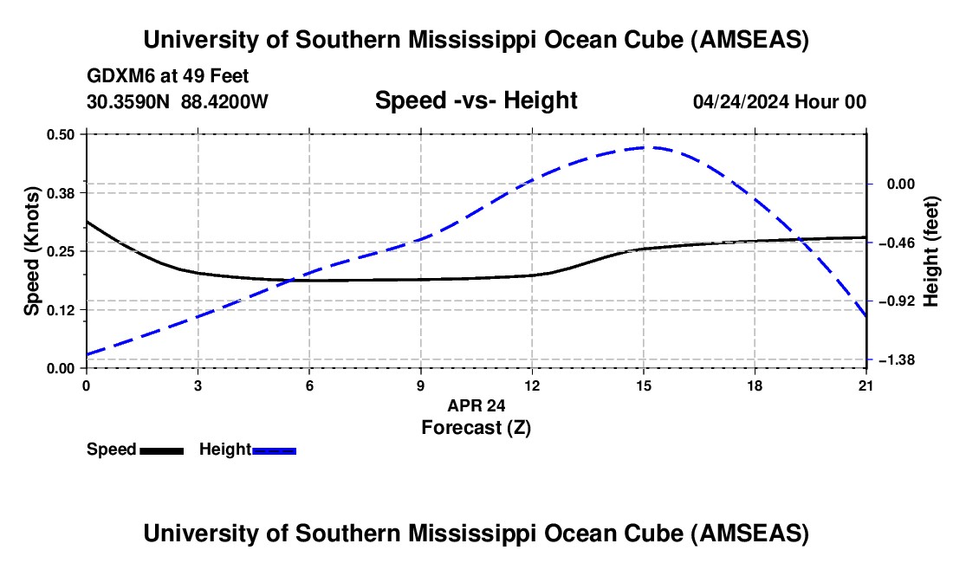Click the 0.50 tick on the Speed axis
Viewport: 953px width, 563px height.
click(62, 134)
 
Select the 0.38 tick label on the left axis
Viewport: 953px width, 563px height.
click(62, 192)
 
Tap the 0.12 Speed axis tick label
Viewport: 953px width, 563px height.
click(62, 309)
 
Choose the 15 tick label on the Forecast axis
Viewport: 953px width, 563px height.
click(643, 385)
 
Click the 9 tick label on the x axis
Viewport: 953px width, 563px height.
click(420, 385)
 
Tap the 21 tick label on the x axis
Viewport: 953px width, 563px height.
click(865, 385)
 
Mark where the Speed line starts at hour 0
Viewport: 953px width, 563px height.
click(87, 221)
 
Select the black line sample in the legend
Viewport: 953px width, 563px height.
click(162, 450)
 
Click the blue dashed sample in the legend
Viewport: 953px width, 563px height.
click(275, 450)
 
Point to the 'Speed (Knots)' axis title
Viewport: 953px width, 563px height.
click(32, 250)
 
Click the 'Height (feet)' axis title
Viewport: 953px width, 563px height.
click(931, 250)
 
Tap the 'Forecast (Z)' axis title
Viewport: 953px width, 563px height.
click(476, 427)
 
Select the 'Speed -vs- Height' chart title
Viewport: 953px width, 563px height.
click(476, 100)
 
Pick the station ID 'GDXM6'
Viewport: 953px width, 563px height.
click(115, 77)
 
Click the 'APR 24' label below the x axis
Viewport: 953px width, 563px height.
click(476, 404)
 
